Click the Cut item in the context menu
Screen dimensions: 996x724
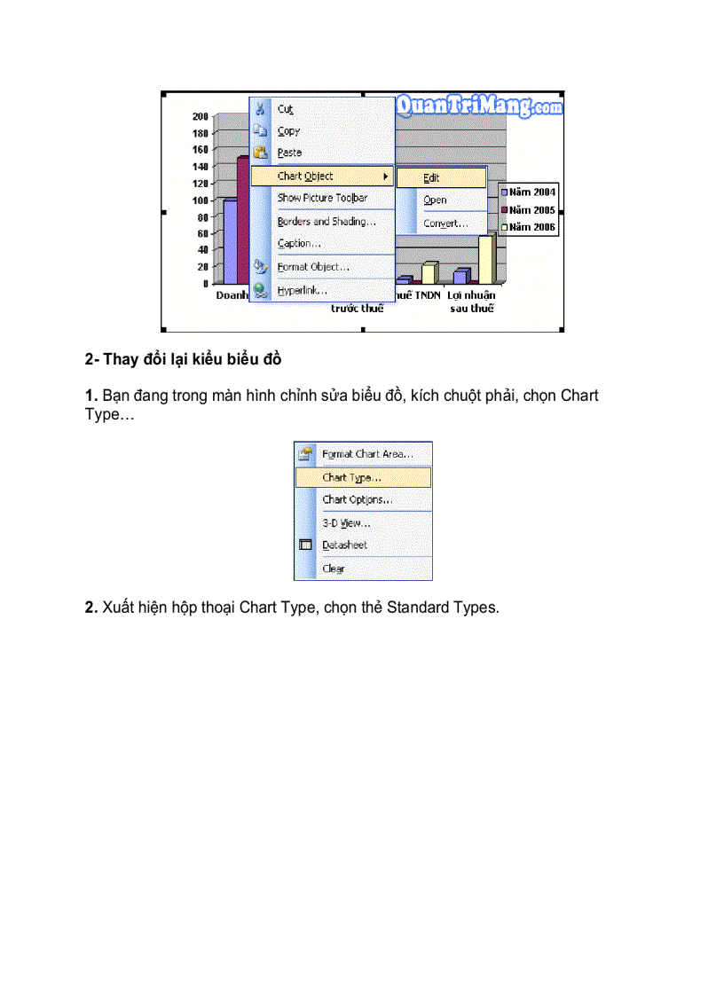(x=285, y=109)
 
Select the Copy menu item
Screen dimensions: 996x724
(x=288, y=131)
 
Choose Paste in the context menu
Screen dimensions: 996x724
(x=289, y=153)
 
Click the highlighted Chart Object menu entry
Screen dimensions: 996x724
(x=305, y=176)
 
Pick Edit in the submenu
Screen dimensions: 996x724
(x=431, y=178)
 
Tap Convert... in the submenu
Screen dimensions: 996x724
(x=445, y=224)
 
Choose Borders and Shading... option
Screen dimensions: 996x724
(x=327, y=222)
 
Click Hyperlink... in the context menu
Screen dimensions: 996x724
(x=302, y=290)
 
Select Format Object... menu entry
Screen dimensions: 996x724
(x=313, y=267)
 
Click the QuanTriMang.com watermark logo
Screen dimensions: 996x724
(x=479, y=106)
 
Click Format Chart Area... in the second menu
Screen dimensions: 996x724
(x=367, y=454)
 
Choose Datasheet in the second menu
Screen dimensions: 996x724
(x=344, y=545)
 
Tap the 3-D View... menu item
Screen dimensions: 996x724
(x=346, y=523)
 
